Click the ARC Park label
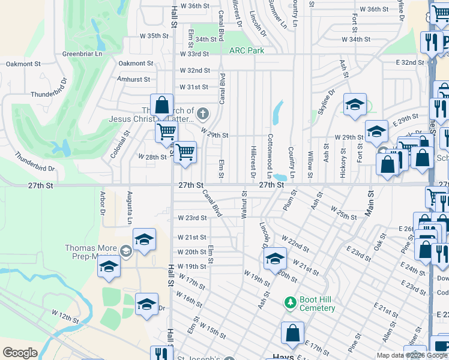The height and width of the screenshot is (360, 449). pyautogui.click(x=246, y=51)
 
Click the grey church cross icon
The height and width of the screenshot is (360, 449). pyautogui.click(x=203, y=113)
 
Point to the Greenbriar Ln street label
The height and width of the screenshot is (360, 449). pyautogui.click(x=82, y=53)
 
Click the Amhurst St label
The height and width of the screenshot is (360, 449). pyautogui.click(x=134, y=79)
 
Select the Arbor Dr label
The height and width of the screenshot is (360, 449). pyautogui.click(x=103, y=203)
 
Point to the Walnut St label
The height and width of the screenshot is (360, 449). pyautogui.click(x=244, y=205)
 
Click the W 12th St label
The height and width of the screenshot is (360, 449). pyautogui.click(x=66, y=315)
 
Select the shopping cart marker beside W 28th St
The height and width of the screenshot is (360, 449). pyautogui.click(x=185, y=152)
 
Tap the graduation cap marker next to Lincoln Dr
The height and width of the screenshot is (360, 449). pyautogui.click(x=275, y=258)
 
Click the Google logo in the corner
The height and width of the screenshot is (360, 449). pyautogui.click(x=20, y=353)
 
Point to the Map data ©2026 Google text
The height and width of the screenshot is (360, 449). pyautogui.click(x=412, y=355)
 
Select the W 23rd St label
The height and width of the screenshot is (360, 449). pyautogui.click(x=192, y=218)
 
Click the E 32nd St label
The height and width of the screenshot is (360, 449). pyautogui.click(x=410, y=62)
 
